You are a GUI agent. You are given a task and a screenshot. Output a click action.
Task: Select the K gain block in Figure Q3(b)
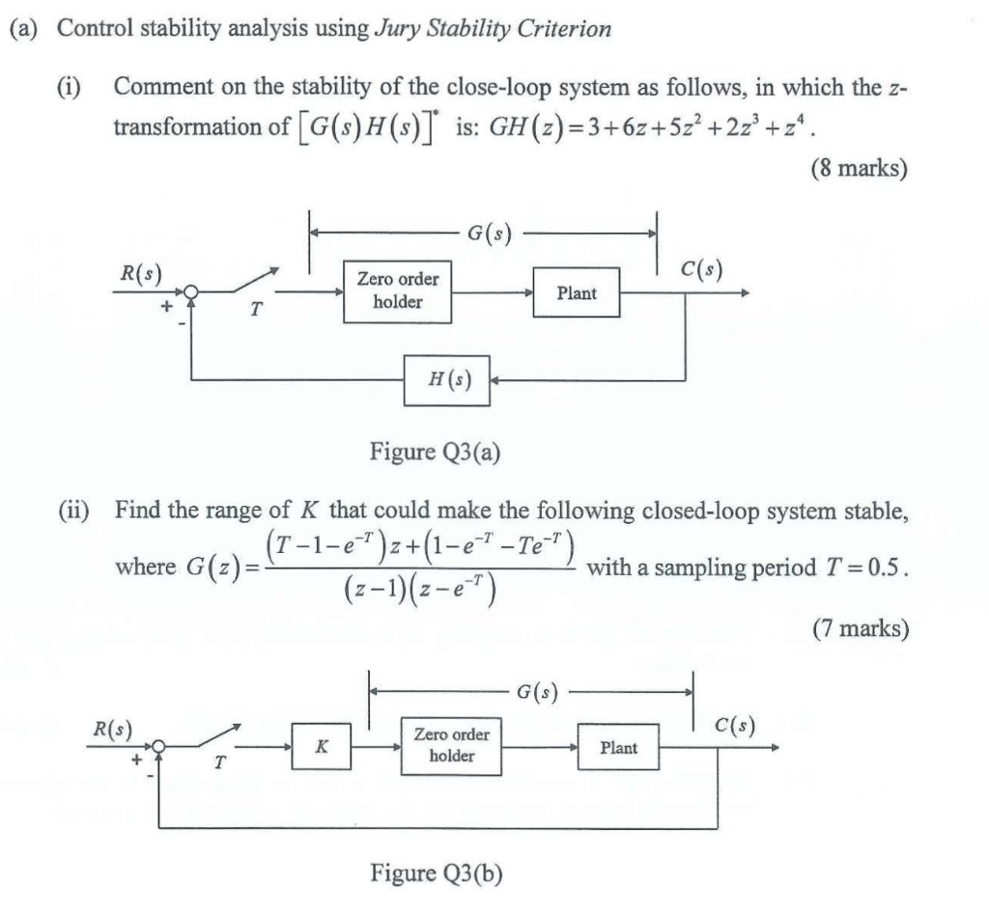point(322,747)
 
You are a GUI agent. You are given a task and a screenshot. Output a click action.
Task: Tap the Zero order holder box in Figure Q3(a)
point(398,291)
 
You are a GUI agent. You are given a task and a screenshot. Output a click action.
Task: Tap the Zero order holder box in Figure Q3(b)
point(451,746)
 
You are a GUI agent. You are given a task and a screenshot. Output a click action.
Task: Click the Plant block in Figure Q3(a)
point(577,293)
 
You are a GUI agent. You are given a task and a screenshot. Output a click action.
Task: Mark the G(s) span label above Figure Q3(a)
point(489,233)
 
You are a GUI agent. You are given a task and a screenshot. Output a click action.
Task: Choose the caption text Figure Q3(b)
point(437,873)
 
